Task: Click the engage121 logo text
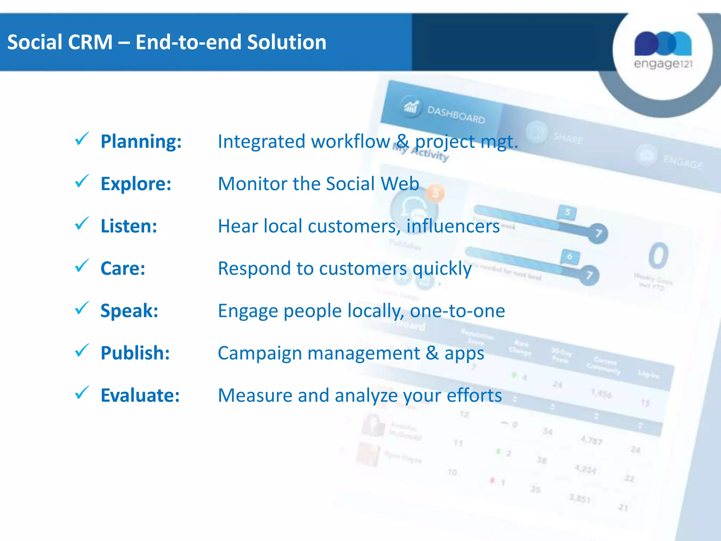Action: click(663, 64)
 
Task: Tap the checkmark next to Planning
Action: click(82, 139)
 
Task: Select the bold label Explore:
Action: click(136, 184)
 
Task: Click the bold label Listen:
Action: click(129, 226)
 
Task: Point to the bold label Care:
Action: click(123, 268)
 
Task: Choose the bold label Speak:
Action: click(129, 311)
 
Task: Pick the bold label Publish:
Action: click(135, 353)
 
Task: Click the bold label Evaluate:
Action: click(140, 395)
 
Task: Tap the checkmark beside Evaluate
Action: click(82, 393)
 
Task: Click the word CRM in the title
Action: click(90, 42)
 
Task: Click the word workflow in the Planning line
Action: click(351, 142)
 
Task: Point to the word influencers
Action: click(453, 226)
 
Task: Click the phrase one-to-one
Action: click(457, 311)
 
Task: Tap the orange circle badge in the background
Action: click(435, 193)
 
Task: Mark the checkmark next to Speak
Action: click(82, 308)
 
